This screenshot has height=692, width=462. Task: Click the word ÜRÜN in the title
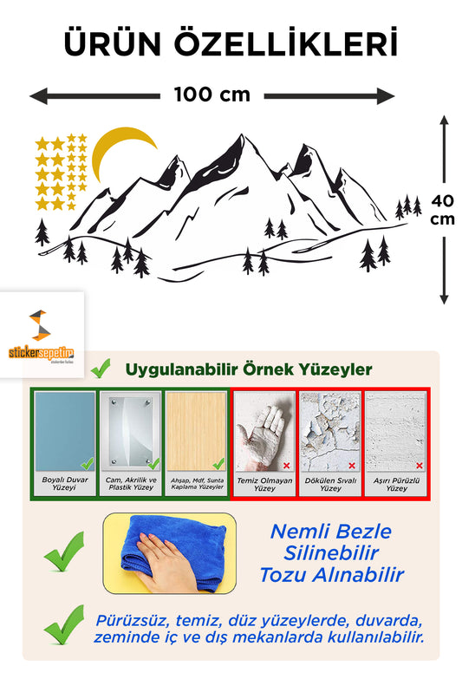coord(113,42)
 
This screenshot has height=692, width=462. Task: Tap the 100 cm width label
coord(211,95)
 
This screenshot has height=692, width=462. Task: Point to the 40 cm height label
coord(443,210)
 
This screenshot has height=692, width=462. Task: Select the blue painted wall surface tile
coord(65,431)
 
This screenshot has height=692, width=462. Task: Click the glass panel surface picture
coord(131,431)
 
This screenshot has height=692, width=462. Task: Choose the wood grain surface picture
coord(197,431)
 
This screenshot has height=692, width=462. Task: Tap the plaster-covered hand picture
coord(264,432)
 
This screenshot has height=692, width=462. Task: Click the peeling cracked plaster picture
coord(330,432)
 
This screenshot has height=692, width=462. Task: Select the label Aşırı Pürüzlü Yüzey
coord(396,484)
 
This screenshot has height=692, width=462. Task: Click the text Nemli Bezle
coord(330,532)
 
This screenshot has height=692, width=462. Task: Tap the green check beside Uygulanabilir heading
coord(101,368)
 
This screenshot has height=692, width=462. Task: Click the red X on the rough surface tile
coord(420,465)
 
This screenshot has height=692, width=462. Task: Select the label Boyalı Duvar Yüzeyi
coord(65,483)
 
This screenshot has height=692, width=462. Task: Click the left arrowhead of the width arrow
coord(38,95)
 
